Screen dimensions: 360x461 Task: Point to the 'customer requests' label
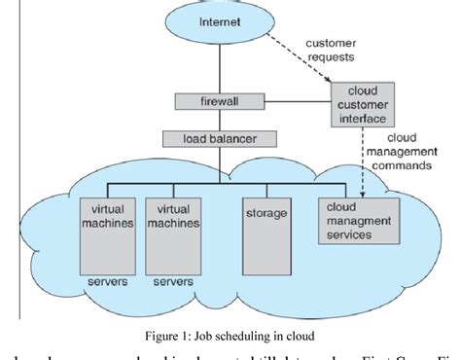tap(331, 51)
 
